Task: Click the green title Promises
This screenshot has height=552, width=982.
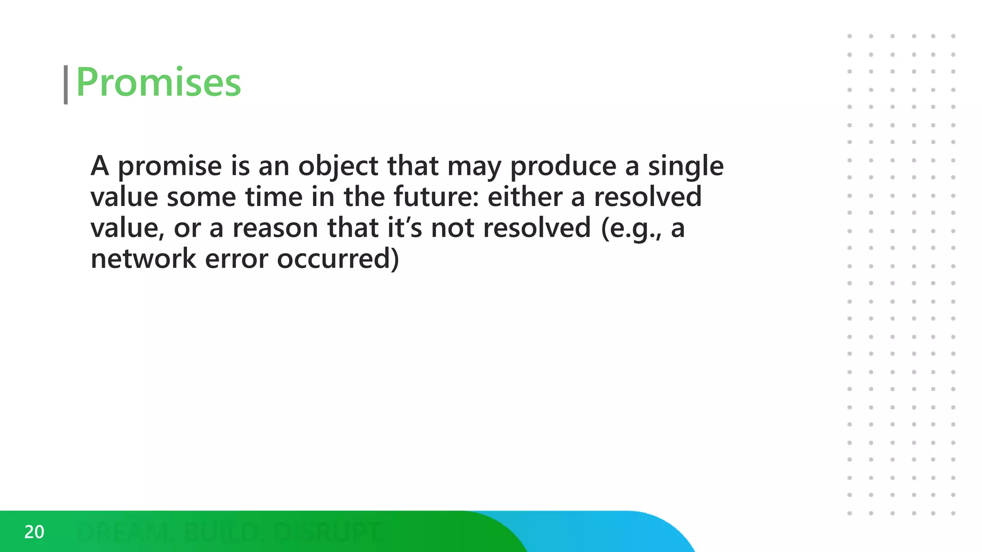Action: pyautogui.click(x=158, y=82)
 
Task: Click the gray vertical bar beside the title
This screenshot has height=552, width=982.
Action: pyautogui.click(x=66, y=85)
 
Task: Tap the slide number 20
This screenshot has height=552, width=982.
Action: pyautogui.click(x=34, y=532)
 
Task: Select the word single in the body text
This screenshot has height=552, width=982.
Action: pyautogui.click(x=686, y=166)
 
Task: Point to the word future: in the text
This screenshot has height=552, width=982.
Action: pyautogui.click(x=436, y=197)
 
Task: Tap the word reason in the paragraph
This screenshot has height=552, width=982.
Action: pyautogui.click(x=275, y=228)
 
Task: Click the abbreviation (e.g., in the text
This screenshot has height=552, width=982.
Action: pyautogui.click(x=632, y=228)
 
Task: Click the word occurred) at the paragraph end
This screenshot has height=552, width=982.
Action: pyautogui.click(x=338, y=259)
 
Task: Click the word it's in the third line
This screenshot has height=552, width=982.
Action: pyautogui.click(x=405, y=228)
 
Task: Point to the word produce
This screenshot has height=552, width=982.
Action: pyautogui.click(x=563, y=166)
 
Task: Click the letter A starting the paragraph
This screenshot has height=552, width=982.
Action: pyautogui.click(x=100, y=166)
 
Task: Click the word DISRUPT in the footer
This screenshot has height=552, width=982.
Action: pyautogui.click(x=328, y=532)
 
